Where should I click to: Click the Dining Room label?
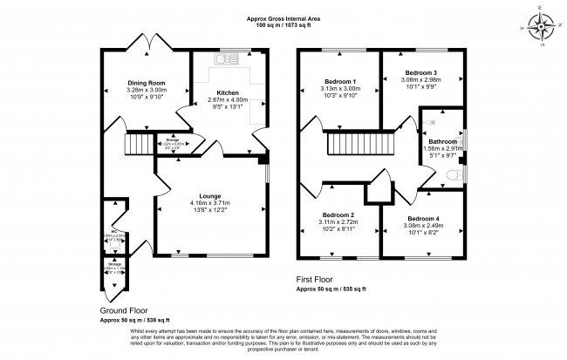coord(146,84)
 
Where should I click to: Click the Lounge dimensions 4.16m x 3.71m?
coord(208,204)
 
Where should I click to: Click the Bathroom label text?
coord(442,141)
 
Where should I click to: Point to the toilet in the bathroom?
coord(451,175)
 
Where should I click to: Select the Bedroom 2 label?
coord(338,214)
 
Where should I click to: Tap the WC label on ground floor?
coord(115,232)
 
